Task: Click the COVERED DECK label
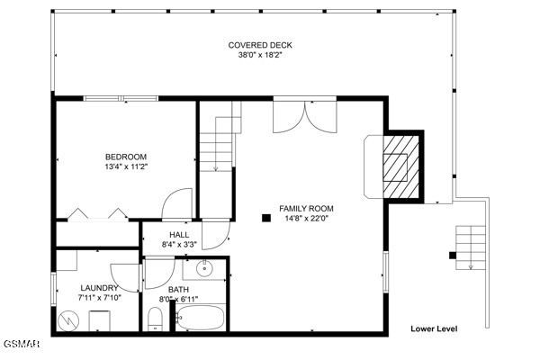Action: coord(260,45)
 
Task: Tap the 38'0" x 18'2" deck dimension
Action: coord(260,55)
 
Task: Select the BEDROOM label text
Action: coord(125,155)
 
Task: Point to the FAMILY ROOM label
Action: coord(306,207)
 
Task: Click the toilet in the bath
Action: coord(154,319)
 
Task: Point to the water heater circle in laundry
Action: coord(67,319)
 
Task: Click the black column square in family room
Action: coord(265,217)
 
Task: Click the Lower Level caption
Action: coord(434,328)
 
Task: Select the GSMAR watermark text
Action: coord(15,345)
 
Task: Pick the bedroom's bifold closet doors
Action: coord(96,214)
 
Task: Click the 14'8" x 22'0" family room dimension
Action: coord(306,217)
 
